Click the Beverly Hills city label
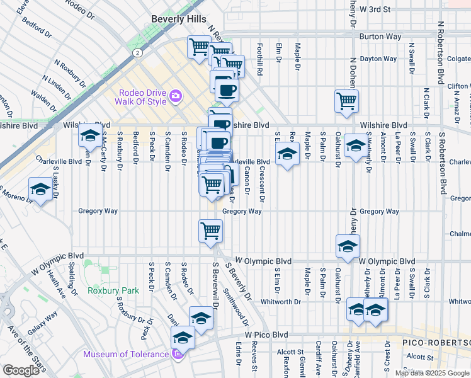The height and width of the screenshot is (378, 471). click(178, 19)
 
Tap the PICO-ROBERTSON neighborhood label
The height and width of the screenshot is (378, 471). click(434, 342)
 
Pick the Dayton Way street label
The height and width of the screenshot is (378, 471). click(378, 59)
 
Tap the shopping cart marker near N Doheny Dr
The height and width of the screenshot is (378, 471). click(346, 100)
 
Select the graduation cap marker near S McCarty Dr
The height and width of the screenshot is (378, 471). click(89, 135)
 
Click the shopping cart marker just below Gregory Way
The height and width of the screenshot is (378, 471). click(210, 230)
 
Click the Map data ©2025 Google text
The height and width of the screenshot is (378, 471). click(431, 373)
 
